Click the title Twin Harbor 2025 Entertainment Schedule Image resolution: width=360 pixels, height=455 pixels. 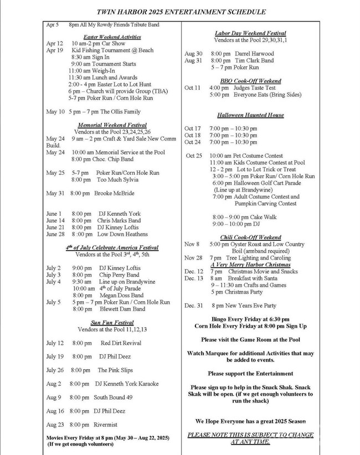point(181,11)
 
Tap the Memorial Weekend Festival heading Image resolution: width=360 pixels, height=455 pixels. point(112,125)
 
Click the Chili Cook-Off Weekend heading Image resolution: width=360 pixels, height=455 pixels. point(255,237)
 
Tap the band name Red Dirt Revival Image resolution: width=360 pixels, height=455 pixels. point(121,343)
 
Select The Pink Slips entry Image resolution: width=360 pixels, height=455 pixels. point(115,370)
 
